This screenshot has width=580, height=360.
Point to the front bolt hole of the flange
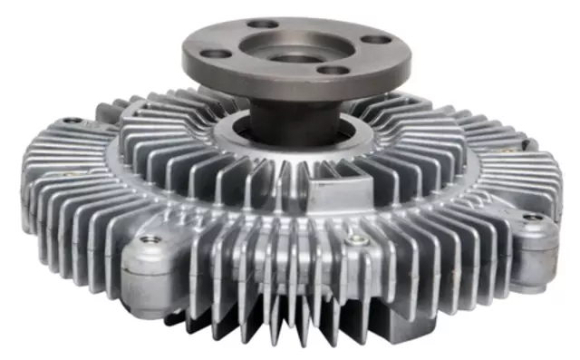[x=333, y=70]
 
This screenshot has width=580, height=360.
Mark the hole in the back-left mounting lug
[x=71, y=121]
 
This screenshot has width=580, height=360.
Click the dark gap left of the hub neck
[x=237, y=127]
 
